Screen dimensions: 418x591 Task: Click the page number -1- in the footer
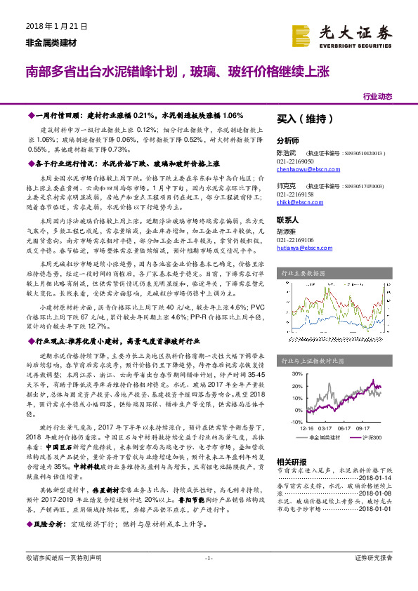[208, 578]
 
